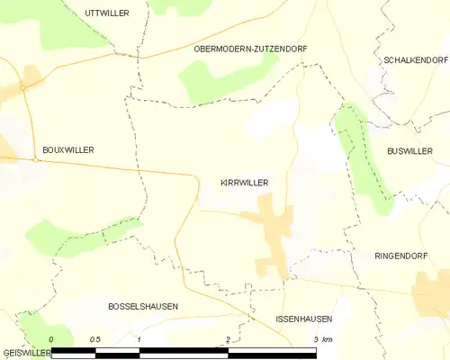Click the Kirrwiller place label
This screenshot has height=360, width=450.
245,182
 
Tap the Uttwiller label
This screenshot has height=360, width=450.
106,13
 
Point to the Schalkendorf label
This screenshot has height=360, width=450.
409,59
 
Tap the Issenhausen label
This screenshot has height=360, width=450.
304,319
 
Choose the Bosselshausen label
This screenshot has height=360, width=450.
142,307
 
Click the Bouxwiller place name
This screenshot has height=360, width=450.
68,150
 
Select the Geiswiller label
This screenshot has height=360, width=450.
25,353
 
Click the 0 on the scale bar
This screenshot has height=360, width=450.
52,339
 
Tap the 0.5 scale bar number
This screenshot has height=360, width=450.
95,339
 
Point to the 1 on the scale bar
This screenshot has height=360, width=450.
139,339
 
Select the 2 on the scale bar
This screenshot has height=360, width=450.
228,339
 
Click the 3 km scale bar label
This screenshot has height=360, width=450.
322,339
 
